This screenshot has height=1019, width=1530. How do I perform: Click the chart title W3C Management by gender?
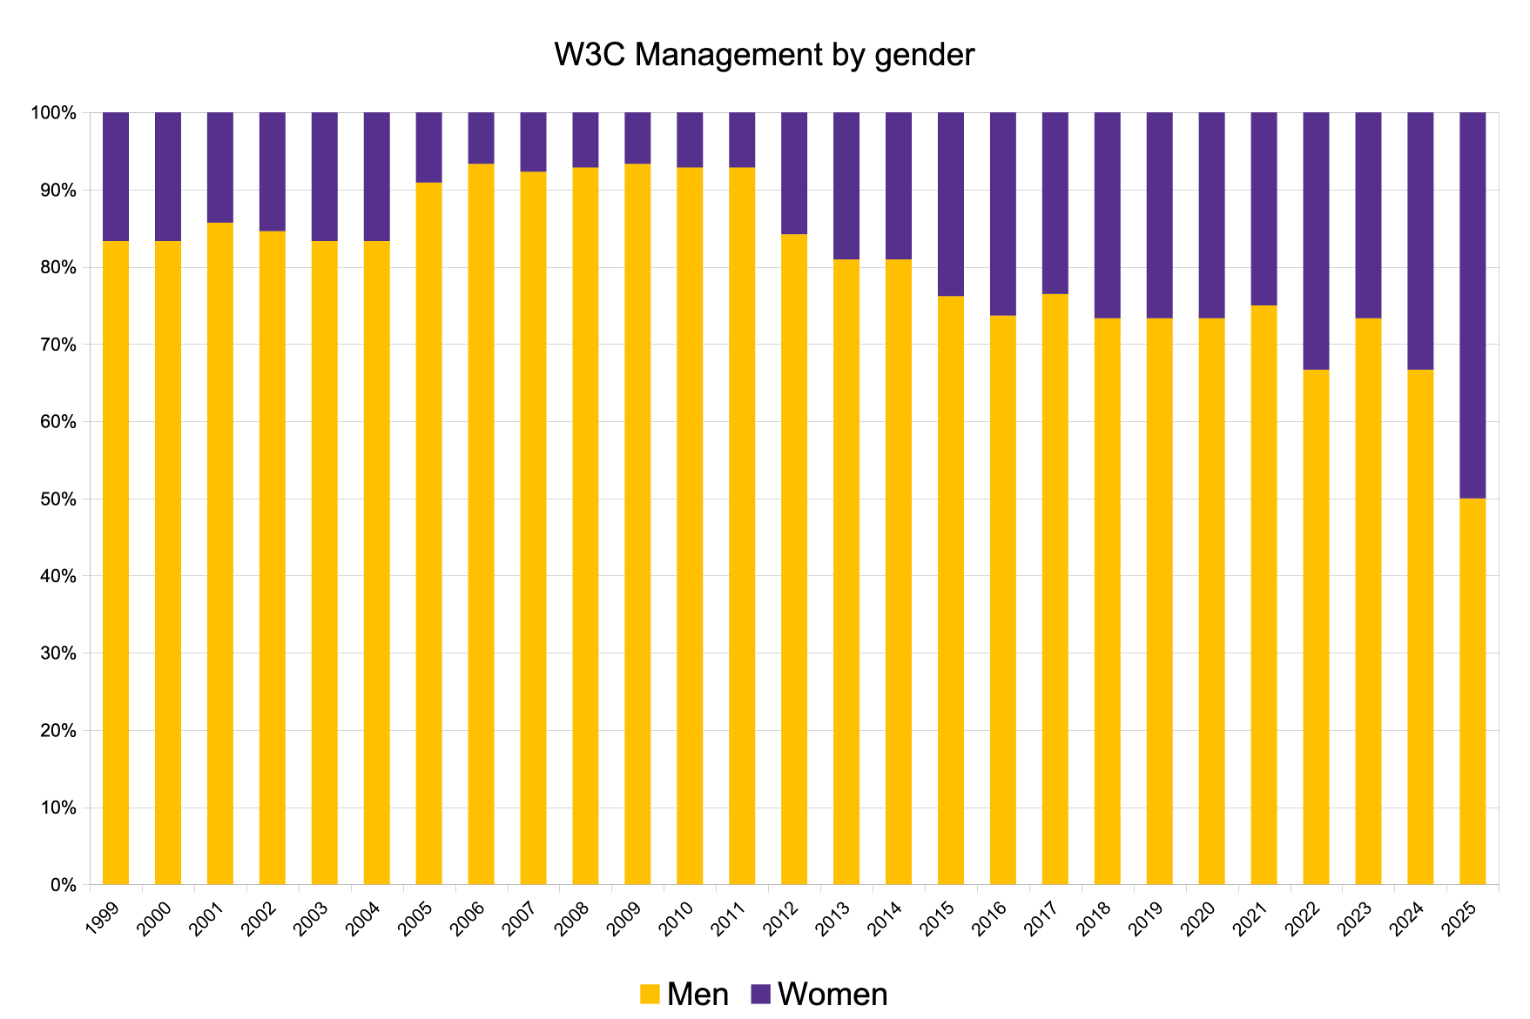[x=764, y=55]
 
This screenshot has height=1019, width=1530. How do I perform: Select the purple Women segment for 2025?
[x=1473, y=305]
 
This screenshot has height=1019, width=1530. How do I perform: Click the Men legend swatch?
[x=650, y=994]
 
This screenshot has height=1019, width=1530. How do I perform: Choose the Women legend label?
[x=832, y=994]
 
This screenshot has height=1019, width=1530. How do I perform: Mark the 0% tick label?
[x=63, y=885]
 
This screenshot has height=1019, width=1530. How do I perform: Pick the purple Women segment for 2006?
[x=481, y=138]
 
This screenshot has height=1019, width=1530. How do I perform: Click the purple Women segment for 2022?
[x=1316, y=241]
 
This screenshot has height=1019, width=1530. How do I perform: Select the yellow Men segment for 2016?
[x=1003, y=600]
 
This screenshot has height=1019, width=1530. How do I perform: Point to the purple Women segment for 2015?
[x=951, y=204]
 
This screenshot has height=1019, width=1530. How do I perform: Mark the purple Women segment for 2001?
[x=220, y=168]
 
